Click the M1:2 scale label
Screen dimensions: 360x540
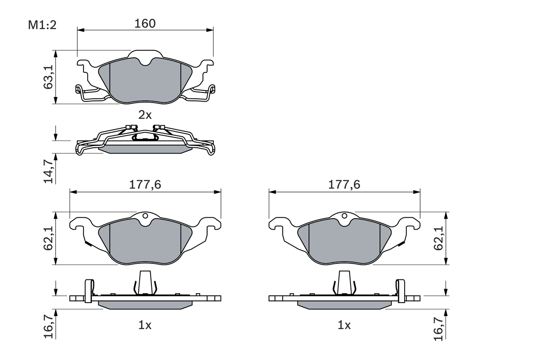pos(42,25)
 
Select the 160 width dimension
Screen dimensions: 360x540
pos(145,24)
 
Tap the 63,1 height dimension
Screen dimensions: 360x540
pos(49,77)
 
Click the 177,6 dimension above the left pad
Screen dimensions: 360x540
pos(145,185)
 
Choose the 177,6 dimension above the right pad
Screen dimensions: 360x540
pos(345,185)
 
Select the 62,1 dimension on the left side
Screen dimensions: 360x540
pos(49,238)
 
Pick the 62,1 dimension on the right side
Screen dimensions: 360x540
pos(440,238)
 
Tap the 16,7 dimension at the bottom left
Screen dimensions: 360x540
pos(49,325)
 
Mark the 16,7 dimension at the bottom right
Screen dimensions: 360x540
pos(440,325)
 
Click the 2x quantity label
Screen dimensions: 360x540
pos(145,115)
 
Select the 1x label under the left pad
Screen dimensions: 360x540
pos(145,325)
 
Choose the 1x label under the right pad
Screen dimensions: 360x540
pos(345,325)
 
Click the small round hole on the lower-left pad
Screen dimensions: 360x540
pos(145,216)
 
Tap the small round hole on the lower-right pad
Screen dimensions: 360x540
pos(345,216)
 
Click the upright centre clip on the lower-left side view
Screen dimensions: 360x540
pos(145,282)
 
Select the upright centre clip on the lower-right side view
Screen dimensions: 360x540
pos(345,282)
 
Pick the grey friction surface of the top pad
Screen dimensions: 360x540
pos(145,82)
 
